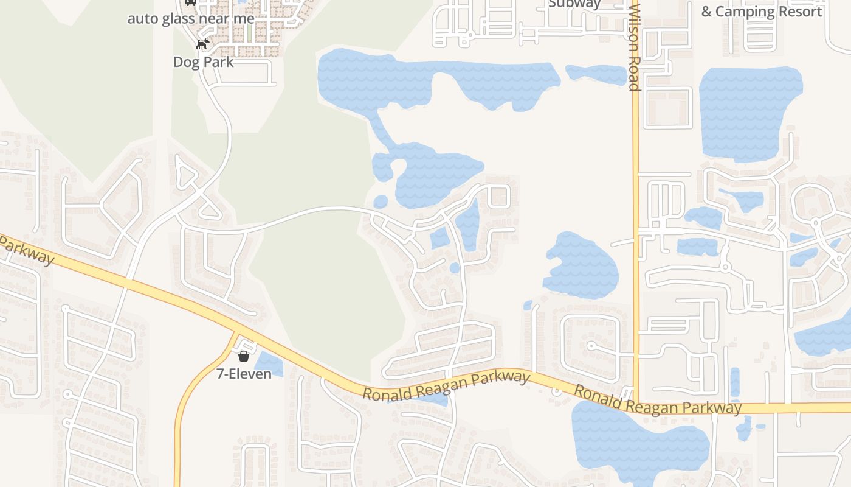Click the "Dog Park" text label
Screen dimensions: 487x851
point(203,61)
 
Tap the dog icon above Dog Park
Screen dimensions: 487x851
point(202,44)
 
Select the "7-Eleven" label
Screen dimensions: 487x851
point(244,373)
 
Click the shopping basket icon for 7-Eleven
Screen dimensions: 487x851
point(244,356)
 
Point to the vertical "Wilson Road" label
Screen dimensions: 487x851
point(635,46)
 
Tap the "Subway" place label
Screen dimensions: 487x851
point(574,4)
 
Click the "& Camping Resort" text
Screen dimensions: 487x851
point(761,12)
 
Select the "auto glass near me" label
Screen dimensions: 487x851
point(191,18)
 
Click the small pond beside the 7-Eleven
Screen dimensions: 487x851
point(270,365)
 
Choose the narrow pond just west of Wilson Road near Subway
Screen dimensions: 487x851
point(596,74)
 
